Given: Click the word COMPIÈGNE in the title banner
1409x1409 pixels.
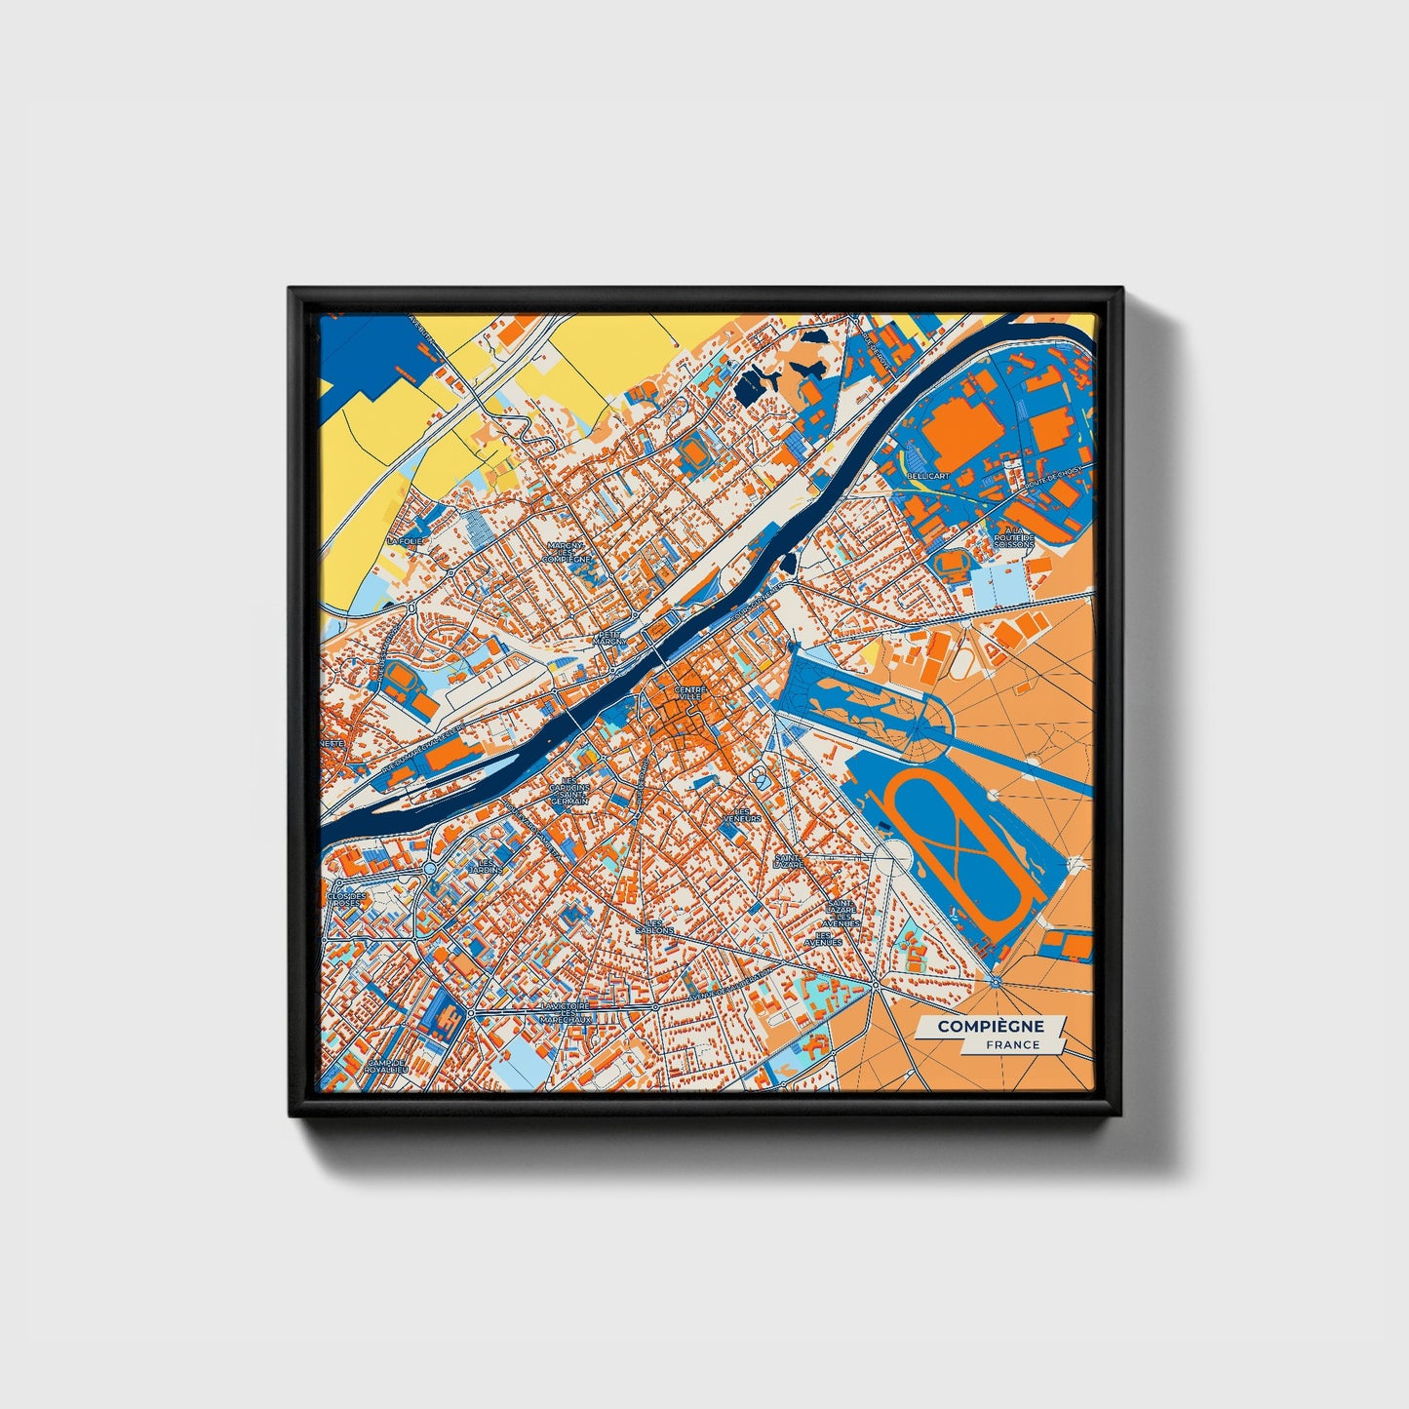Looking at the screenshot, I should (x=990, y=1027).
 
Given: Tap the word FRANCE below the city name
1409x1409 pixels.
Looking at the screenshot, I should (x=1012, y=1044).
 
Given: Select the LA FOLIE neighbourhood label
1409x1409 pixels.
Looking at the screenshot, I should (x=407, y=539).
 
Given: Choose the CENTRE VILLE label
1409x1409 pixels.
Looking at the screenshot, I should (x=689, y=693).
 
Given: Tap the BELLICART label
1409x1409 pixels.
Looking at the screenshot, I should (x=927, y=475).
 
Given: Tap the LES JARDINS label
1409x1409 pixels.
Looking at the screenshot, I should (x=486, y=865).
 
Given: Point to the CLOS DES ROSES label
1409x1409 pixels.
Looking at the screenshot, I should (x=347, y=899).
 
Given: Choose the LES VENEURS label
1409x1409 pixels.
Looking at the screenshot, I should (x=747, y=814).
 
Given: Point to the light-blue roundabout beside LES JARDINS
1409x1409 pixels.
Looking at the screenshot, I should (x=429, y=868).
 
